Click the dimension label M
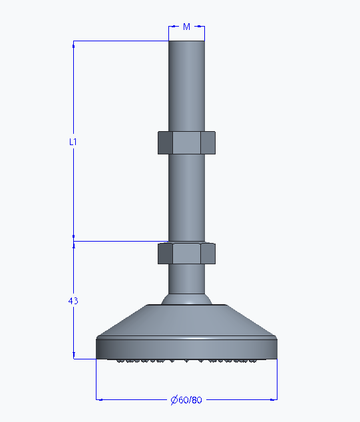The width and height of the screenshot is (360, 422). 187,27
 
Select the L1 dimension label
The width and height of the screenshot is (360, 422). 73,142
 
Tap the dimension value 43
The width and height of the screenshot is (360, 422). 73,301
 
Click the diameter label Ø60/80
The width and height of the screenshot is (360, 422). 186,400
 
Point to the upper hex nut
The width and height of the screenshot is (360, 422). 186,142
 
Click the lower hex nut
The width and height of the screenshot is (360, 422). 186,254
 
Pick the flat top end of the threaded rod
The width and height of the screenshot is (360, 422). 186,42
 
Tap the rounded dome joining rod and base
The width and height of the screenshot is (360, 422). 186,300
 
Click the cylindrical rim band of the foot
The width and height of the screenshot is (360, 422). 186,348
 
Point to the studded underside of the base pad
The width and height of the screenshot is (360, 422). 186,361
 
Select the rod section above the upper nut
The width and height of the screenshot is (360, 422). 186,87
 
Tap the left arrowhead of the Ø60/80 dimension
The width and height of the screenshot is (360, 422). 100,399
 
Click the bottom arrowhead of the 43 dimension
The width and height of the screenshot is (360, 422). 73,356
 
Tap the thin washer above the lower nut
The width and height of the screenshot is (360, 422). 186,241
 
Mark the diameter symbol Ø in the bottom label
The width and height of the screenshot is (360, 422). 174,400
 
